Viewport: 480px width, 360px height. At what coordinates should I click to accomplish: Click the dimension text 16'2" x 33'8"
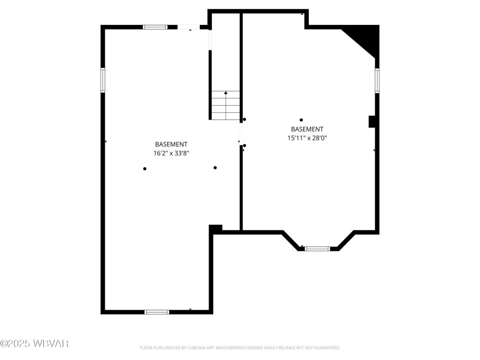tap(171, 153)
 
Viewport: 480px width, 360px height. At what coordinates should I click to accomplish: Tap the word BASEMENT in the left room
tap(171, 144)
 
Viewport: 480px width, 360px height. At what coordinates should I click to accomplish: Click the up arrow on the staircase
tap(226, 93)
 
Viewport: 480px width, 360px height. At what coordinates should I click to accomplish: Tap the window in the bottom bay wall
tap(318, 249)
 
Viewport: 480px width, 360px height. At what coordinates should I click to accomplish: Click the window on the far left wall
tap(103, 80)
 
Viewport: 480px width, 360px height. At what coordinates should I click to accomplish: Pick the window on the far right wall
tap(377, 81)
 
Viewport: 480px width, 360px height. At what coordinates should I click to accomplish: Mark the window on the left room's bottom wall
tap(157, 312)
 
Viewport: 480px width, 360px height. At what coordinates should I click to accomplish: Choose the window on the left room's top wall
tap(155, 27)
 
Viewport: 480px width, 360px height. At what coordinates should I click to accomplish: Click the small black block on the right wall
tap(372, 121)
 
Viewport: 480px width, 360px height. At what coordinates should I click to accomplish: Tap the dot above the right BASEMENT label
tap(301, 120)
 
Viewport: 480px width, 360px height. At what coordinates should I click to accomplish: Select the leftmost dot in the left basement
tap(144, 168)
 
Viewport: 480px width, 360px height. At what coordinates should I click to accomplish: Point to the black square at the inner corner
tap(216, 228)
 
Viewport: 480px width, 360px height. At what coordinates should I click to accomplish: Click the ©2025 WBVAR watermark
tap(35, 343)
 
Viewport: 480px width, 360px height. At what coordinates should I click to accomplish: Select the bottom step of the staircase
tap(226, 116)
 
